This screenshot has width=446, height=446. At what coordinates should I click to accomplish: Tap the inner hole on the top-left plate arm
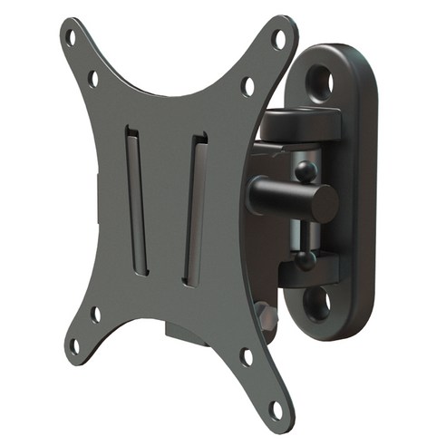(92, 79)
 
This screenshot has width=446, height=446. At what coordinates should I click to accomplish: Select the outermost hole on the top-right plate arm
(279, 39)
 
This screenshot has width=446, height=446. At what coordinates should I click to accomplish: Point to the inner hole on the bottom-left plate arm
(95, 315)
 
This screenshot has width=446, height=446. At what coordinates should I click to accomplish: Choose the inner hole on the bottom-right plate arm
(246, 356)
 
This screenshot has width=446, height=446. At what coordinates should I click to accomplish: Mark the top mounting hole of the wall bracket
(324, 82)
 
